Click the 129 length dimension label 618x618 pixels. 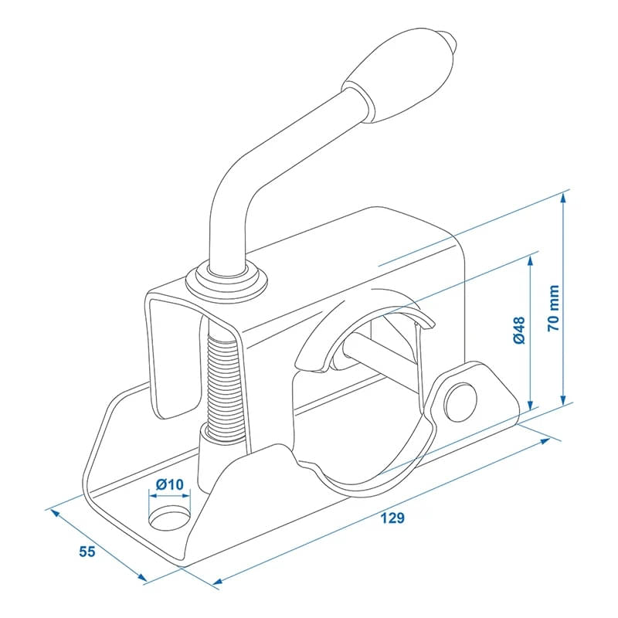392,518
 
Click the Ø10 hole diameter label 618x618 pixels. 169,484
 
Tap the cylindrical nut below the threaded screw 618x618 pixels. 210,460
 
